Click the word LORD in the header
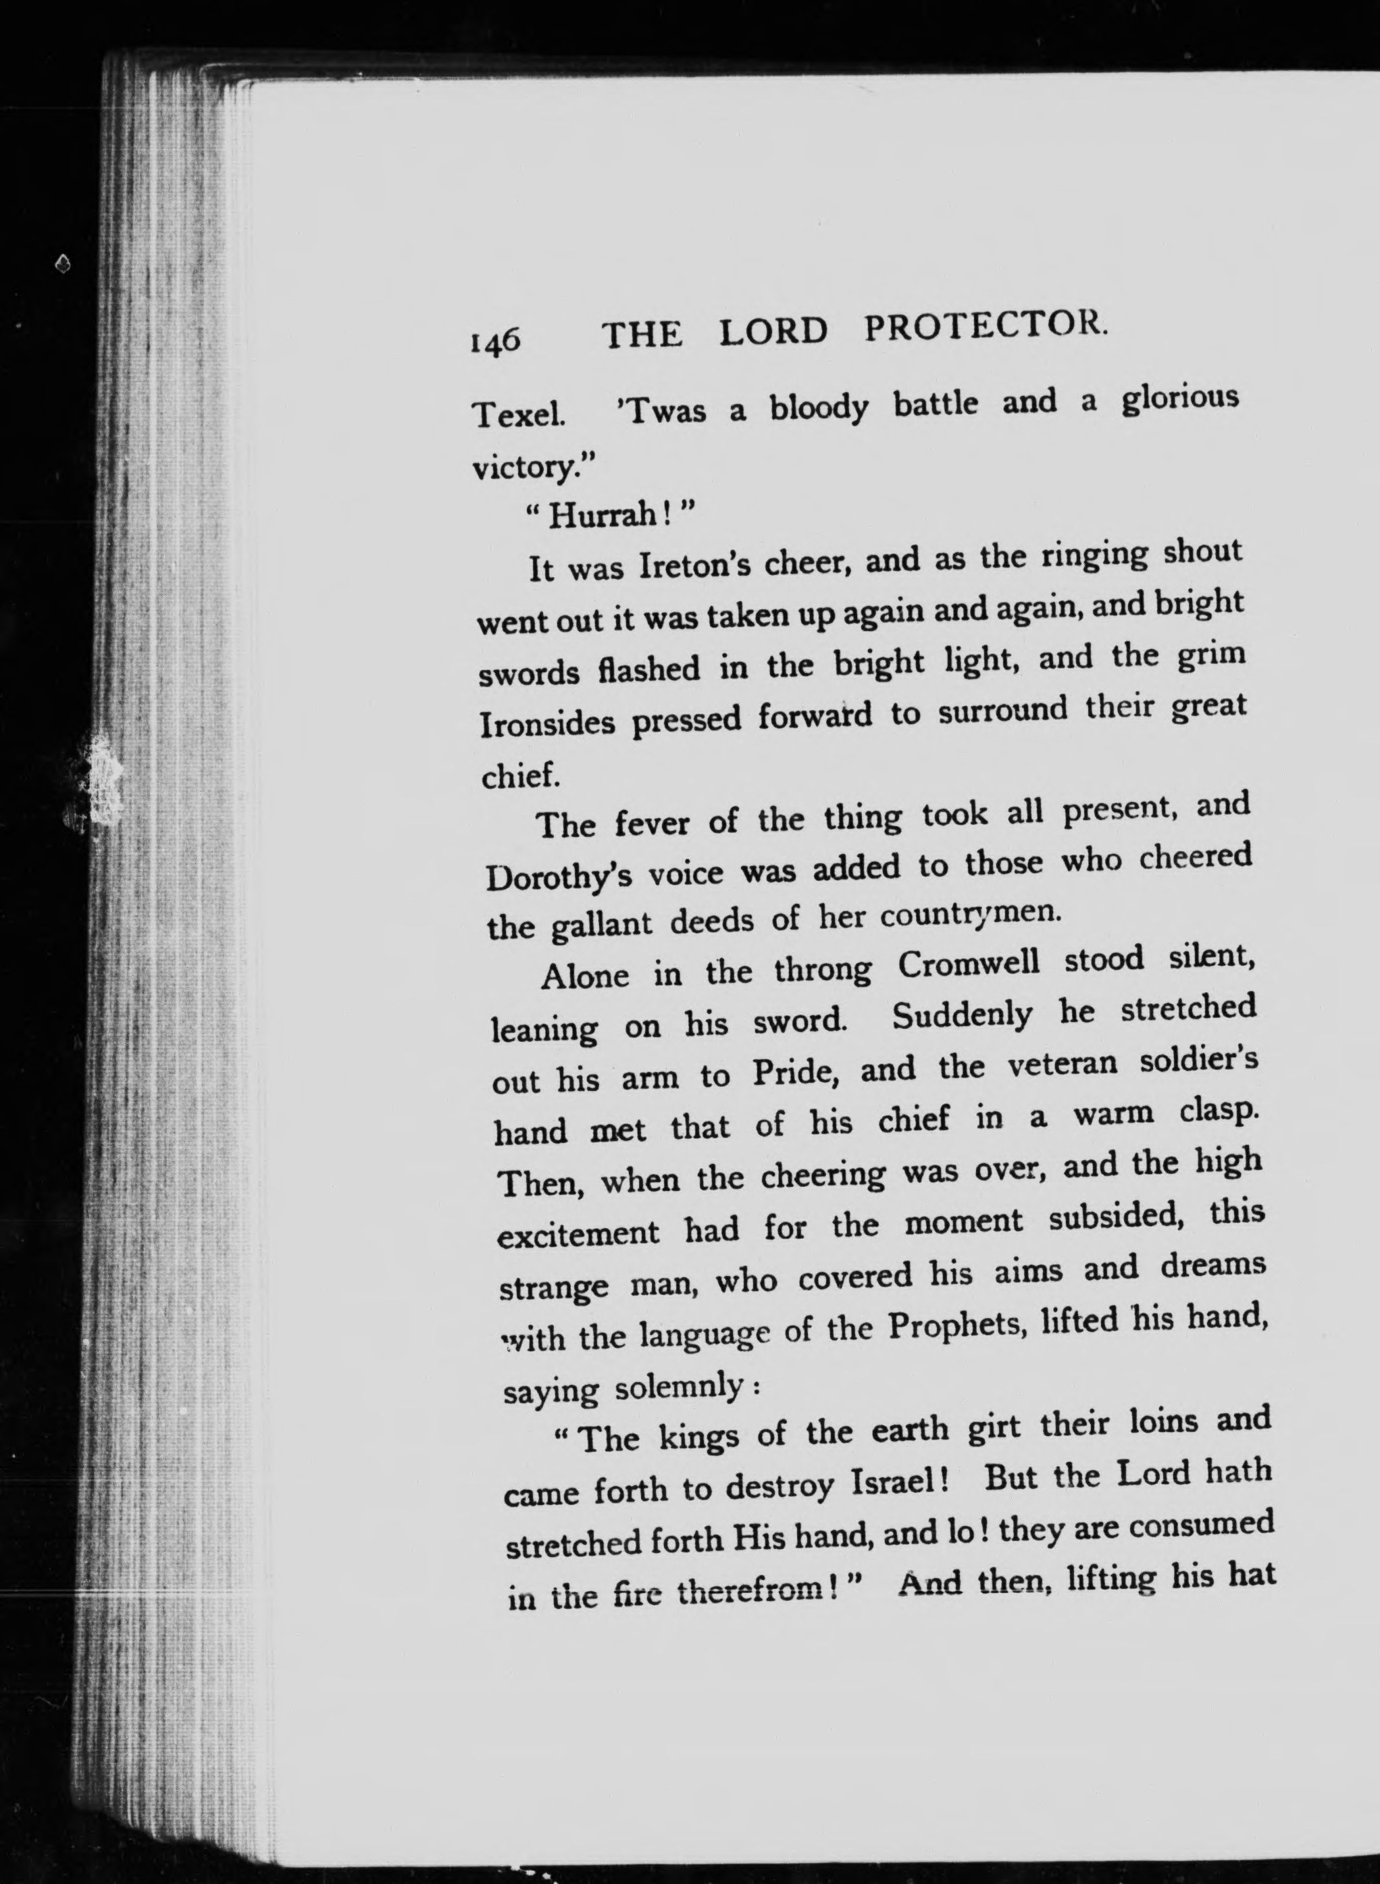[773, 332]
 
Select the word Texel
[518, 414]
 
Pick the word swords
[530, 673]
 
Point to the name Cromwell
[969, 965]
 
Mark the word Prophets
[956, 1326]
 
